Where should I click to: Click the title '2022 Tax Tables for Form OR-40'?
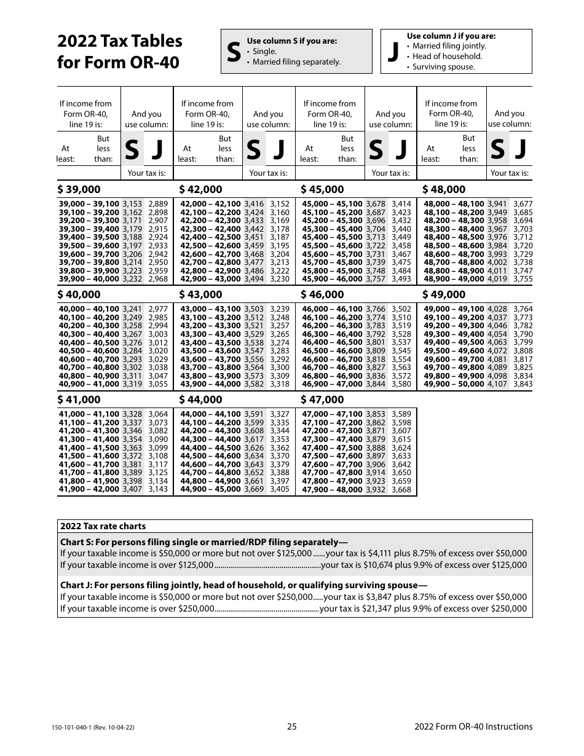click(x=120, y=52)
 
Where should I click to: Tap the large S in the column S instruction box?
click(x=234, y=52)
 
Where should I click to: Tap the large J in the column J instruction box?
click(x=393, y=52)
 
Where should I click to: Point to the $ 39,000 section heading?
click(x=79, y=189)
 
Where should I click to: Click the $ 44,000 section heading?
click(x=200, y=400)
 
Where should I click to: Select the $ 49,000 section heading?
click(x=444, y=294)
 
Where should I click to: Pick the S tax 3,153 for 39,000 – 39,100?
click(x=132, y=204)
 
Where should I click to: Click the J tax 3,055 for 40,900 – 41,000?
click(x=158, y=384)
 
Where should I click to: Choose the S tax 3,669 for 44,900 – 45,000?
click(x=254, y=489)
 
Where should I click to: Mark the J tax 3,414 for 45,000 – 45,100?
click(x=401, y=204)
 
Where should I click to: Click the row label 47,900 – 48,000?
click(x=332, y=489)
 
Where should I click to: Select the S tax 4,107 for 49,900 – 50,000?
click(x=497, y=384)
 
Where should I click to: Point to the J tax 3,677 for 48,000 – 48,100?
click(x=523, y=204)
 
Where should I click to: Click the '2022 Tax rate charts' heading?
click(x=103, y=526)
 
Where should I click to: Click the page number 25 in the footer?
click(x=292, y=726)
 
